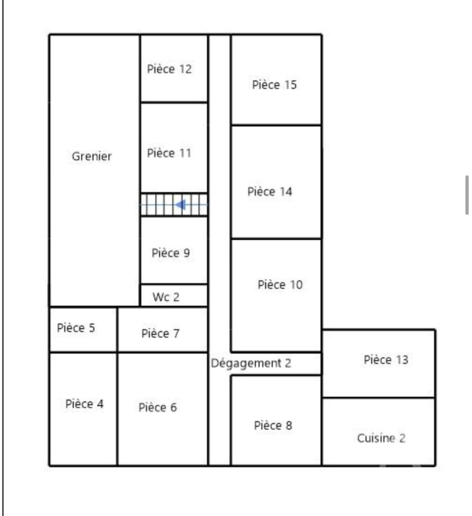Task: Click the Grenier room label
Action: coord(92,156)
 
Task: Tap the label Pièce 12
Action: coord(169,69)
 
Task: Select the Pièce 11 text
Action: coord(169,153)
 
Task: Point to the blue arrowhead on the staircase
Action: coord(181,204)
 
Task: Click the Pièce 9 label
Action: coord(171,253)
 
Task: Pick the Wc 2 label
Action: coord(166,297)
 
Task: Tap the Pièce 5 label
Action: coord(75,327)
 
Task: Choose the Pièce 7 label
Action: coord(161,333)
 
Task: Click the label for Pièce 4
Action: coord(84,403)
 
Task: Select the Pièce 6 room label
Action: coord(158,408)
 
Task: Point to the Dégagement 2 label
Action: coord(251,363)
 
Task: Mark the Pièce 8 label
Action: coord(273,425)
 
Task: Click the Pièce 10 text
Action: coord(280,285)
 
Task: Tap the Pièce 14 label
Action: coord(269,192)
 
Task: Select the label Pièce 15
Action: coord(274,85)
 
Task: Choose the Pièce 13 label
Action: coord(386,360)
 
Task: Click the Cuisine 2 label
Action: coord(381,438)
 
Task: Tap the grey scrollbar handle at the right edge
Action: coord(467,195)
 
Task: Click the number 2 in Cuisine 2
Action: coord(402,438)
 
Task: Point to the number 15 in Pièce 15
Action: coord(290,85)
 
